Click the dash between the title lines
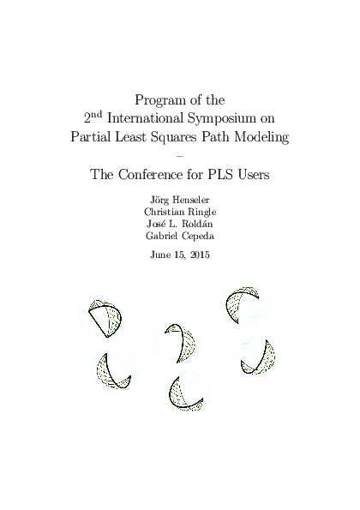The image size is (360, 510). coord(179,155)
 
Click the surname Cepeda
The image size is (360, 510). coord(198,237)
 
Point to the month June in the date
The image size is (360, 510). coord(160,255)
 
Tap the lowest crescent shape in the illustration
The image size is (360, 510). coord(186,392)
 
